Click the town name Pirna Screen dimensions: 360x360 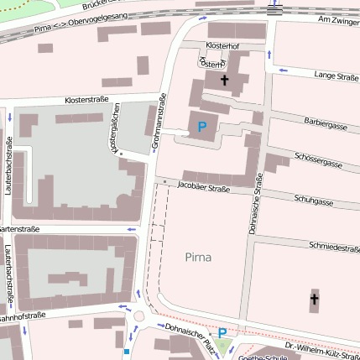click(199, 256)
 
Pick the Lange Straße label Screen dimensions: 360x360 click(336, 76)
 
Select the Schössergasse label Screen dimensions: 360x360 click(319, 160)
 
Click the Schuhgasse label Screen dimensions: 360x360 click(315, 201)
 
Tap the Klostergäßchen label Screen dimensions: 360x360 click(114, 128)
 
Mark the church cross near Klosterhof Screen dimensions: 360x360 click(224, 81)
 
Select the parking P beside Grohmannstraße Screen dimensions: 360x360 click(201, 127)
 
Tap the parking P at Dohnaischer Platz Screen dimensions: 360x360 click(222, 333)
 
